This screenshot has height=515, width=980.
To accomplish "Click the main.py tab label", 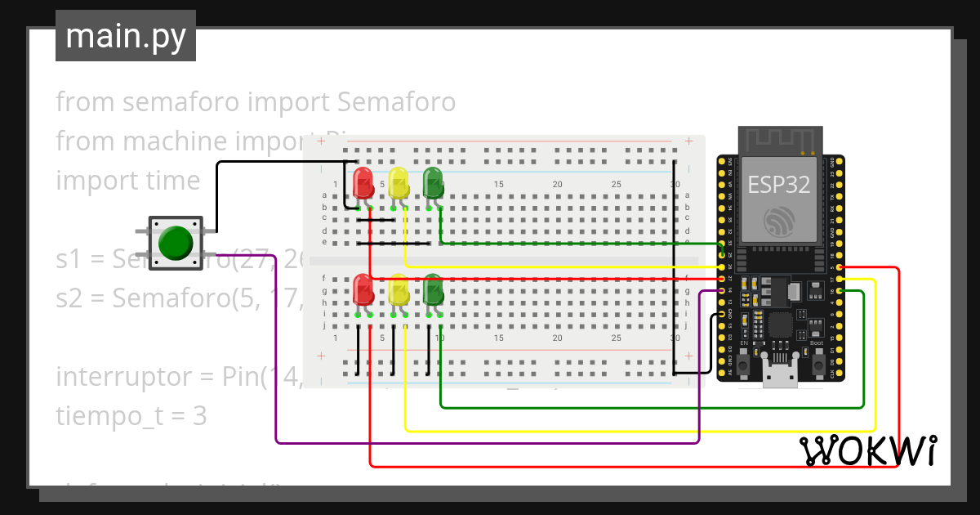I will click(x=125, y=36).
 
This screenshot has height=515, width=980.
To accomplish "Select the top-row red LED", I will click(x=363, y=182).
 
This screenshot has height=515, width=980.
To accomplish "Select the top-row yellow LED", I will click(x=398, y=182).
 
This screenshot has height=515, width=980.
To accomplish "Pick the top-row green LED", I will click(x=432, y=182).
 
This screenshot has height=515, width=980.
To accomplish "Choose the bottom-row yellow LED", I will click(x=398, y=290).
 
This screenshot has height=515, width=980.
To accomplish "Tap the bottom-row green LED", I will click(x=432, y=290).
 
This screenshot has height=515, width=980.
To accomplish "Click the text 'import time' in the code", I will click(x=127, y=180).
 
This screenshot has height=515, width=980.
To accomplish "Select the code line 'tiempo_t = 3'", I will click(x=131, y=416).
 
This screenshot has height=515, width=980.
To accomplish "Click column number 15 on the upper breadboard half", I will click(x=498, y=185).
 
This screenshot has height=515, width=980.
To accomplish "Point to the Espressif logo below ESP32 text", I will click(x=779, y=221).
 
